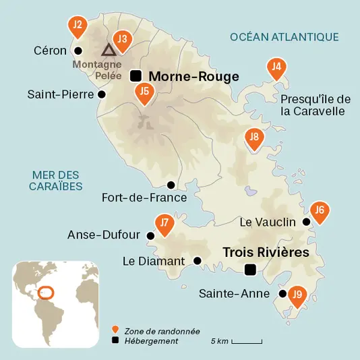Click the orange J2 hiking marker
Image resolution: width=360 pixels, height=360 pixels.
click(x=78, y=26)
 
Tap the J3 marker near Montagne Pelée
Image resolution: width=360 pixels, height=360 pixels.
click(x=122, y=40)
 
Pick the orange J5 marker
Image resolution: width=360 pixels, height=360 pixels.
click(x=144, y=92)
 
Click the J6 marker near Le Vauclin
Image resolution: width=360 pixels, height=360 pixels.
click(x=320, y=211)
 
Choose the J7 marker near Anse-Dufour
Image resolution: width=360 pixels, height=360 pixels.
click(x=164, y=223)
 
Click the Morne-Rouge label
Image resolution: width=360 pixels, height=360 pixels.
click(x=193, y=77)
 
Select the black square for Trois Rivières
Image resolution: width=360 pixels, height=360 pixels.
click(x=250, y=270)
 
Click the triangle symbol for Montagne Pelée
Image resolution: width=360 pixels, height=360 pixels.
click(x=108, y=50)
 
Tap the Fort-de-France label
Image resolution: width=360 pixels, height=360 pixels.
click(x=144, y=198)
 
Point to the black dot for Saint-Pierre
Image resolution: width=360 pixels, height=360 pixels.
click(x=102, y=94)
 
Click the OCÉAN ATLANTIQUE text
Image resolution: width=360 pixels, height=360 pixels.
click(x=284, y=36)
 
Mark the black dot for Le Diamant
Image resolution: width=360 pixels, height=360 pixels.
click(x=198, y=260)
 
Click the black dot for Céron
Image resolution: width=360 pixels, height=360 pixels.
click(x=78, y=51)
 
